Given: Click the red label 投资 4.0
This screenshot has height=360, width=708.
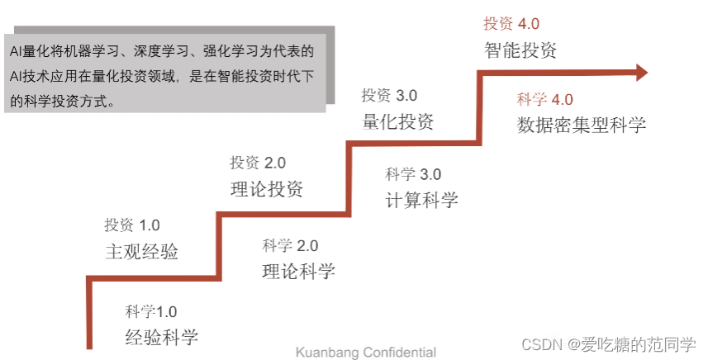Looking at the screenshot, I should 511,24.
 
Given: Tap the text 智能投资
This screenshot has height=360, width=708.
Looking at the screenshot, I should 520,50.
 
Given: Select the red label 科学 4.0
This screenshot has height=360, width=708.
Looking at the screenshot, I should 544,100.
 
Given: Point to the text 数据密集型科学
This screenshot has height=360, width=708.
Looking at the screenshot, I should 581,126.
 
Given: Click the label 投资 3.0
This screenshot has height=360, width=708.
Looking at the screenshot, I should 388,96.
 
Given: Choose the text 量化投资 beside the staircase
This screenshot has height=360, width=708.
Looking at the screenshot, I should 397,121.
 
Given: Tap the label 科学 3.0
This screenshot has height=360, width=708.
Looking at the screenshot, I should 413,174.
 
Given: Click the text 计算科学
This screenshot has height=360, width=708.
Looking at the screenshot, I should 421,200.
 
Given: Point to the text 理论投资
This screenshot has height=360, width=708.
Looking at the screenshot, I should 266,189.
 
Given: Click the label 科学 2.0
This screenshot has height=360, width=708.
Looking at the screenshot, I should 290,245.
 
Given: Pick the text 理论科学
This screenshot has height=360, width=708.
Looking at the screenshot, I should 298,271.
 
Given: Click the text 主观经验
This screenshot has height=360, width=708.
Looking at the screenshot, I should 141,251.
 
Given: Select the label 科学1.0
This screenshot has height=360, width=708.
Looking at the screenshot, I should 151,311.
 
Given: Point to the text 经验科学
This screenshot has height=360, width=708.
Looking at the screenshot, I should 162,337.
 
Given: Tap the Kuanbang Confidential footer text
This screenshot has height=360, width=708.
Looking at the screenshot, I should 366,353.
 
